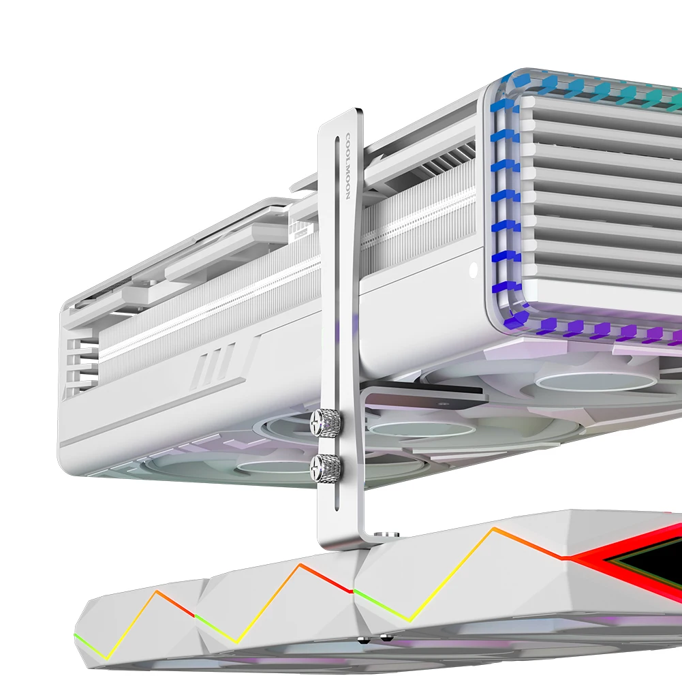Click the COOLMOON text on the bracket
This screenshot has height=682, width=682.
[347, 167]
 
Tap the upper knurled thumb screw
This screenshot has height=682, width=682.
[325, 421]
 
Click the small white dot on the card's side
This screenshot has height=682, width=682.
[474, 270]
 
